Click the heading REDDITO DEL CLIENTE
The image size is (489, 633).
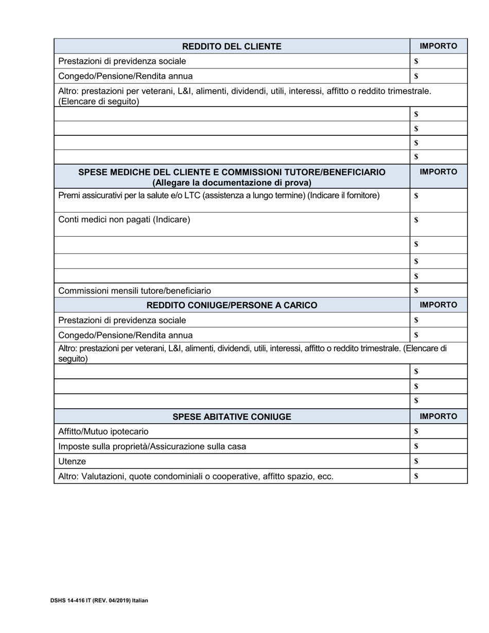[x=232, y=46]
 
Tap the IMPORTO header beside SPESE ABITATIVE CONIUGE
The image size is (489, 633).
[x=438, y=416]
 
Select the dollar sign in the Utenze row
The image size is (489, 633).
[x=416, y=461]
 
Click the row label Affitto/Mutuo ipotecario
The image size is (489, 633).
[x=103, y=431]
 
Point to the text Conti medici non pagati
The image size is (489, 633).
[x=124, y=220]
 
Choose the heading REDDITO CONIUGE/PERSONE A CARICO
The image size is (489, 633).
[x=232, y=305]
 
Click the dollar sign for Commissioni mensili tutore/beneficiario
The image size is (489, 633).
[x=416, y=290]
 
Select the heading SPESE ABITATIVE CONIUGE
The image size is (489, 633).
[x=232, y=416]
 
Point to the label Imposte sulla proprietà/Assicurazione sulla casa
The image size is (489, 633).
[x=152, y=446]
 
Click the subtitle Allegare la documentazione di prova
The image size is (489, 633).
[x=232, y=183]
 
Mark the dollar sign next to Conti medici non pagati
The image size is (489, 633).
[x=416, y=220]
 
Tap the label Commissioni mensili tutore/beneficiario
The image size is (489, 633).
[x=134, y=291]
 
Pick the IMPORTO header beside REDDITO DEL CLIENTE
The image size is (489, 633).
[x=438, y=46]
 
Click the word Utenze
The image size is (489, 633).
[x=72, y=461]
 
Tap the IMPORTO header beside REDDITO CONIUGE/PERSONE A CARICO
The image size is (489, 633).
[x=438, y=305]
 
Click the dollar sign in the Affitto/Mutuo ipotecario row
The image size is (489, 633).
[x=416, y=431]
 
